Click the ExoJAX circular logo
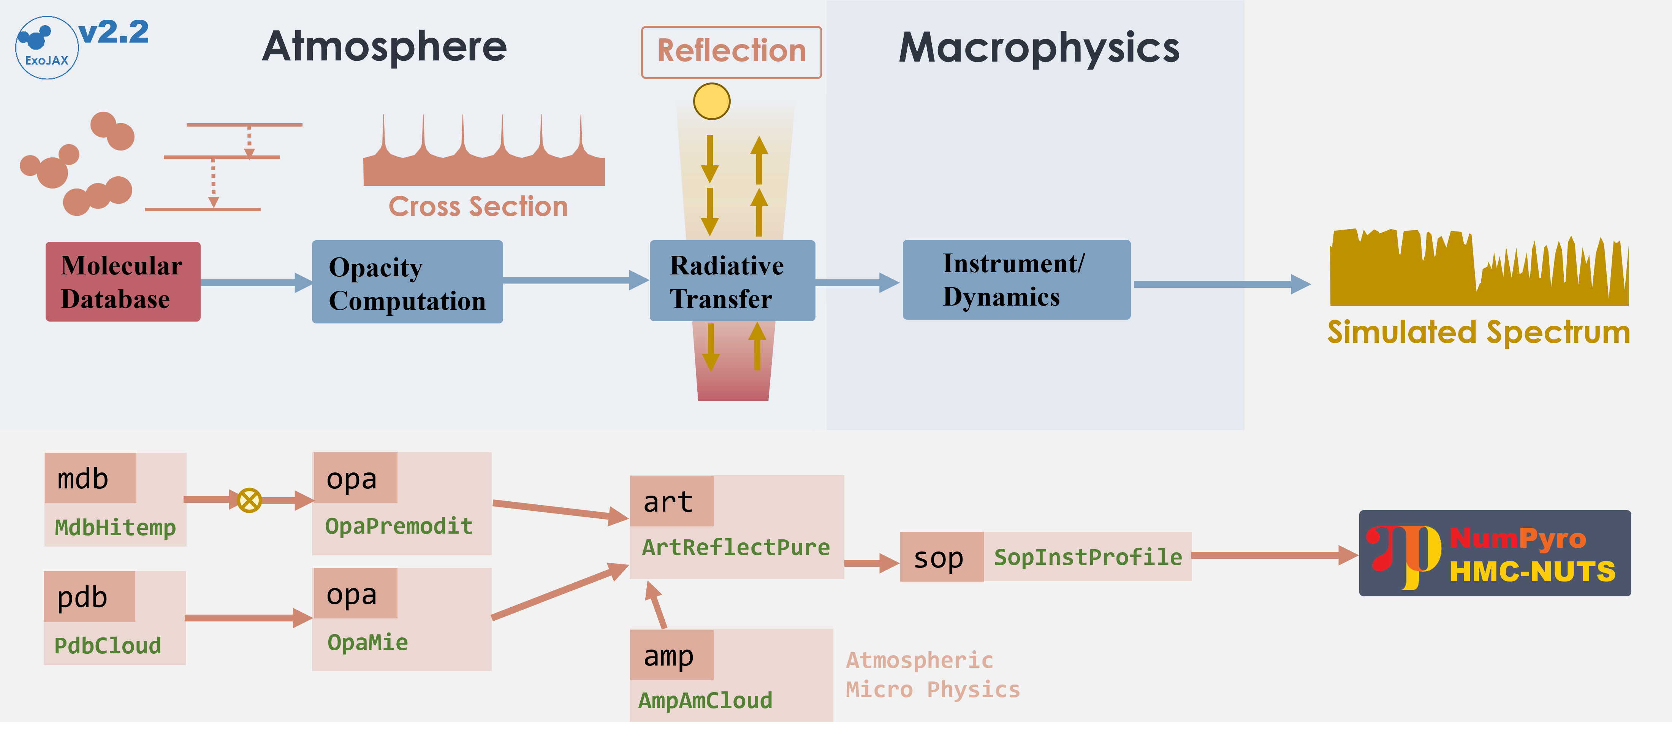click(47, 48)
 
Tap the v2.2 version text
click(114, 32)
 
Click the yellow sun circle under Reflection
click(711, 101)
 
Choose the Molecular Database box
click(123, 282)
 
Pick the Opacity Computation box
click(407, 282)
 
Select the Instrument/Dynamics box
click(1016, 280)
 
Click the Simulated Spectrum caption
click(1478, 332)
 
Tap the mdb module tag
click(90, 479)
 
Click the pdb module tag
click(89, 597)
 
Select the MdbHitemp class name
click(115, 527)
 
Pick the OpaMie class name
click(367, 643)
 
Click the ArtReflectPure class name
click(735, 547)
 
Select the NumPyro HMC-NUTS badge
click(1494, 553)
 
